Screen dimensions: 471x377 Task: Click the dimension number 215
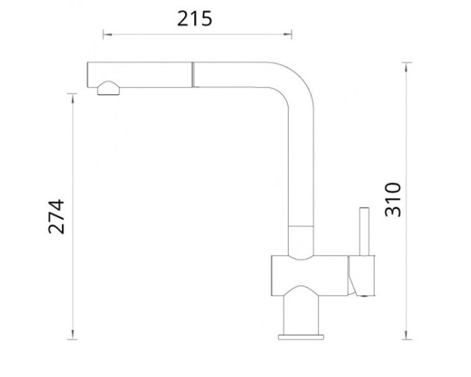[194, 18]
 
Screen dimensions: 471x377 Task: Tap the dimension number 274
[56, 216]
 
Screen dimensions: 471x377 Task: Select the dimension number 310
[393, 199]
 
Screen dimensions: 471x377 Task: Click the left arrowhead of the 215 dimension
[107, 34]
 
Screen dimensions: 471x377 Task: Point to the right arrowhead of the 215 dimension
[287, 34]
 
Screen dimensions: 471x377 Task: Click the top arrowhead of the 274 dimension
[72, 98]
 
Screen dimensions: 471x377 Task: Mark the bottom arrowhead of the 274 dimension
[72, 335]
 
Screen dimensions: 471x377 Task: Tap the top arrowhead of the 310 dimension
[407, 67]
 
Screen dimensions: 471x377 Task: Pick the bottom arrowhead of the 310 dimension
[407, 335]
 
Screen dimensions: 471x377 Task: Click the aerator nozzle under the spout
[108, 89]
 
